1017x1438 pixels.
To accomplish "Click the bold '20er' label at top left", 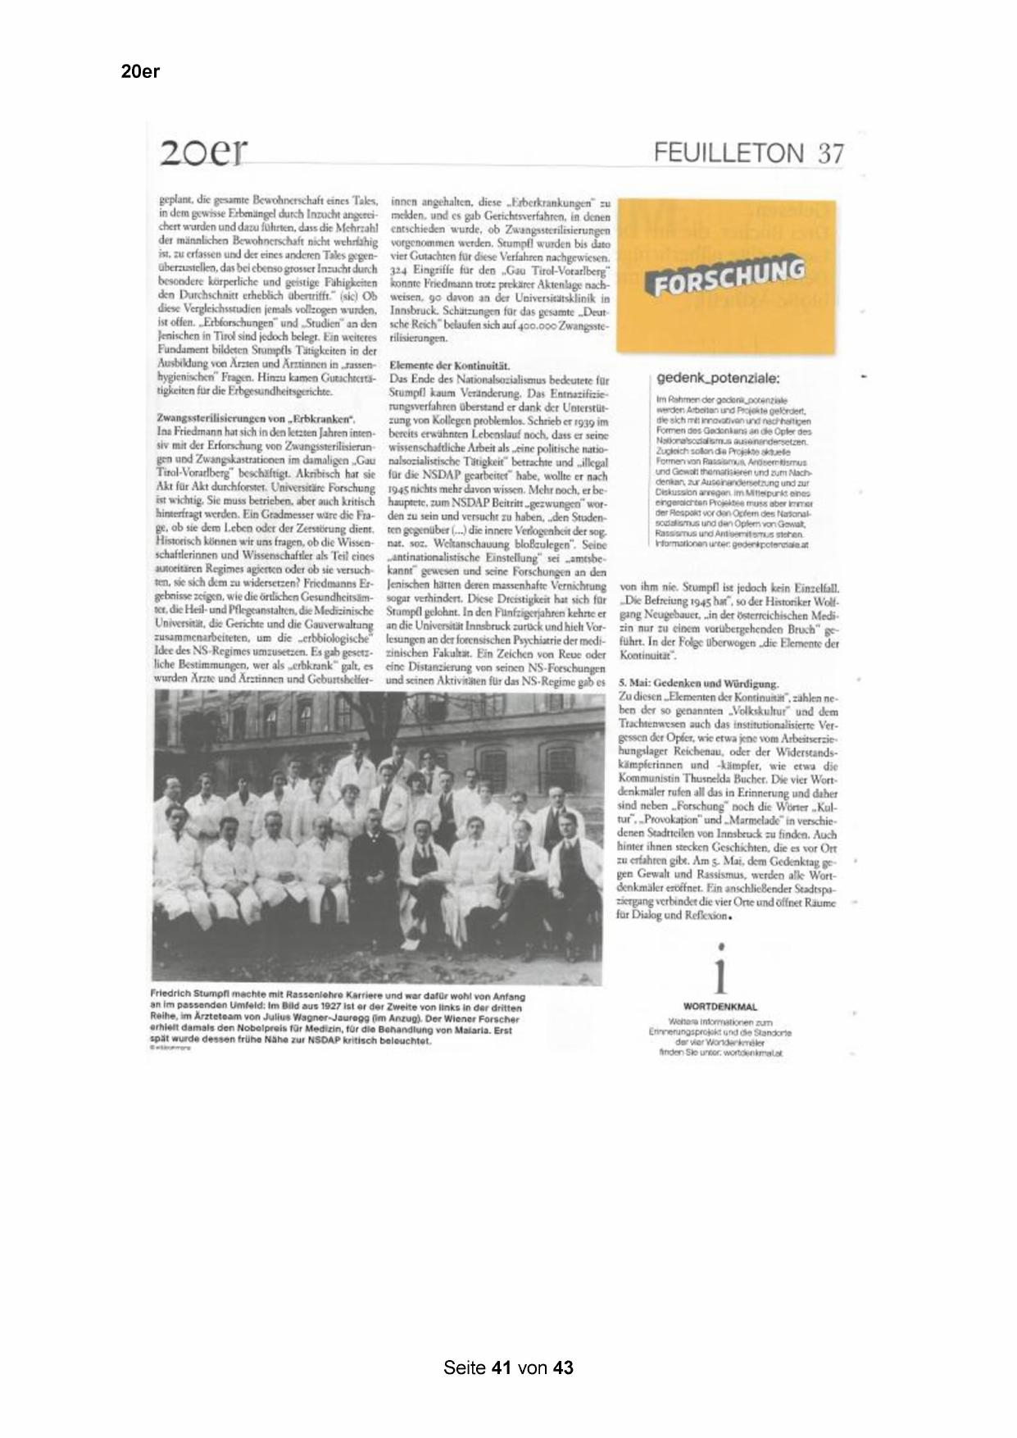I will (140, 71).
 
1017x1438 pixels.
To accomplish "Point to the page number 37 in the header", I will (829, 153).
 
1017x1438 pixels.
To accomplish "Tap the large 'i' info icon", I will (720, 973).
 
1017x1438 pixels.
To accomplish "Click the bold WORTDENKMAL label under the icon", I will (720, 1007).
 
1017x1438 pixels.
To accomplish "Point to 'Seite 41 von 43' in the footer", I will (508, 1367).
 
